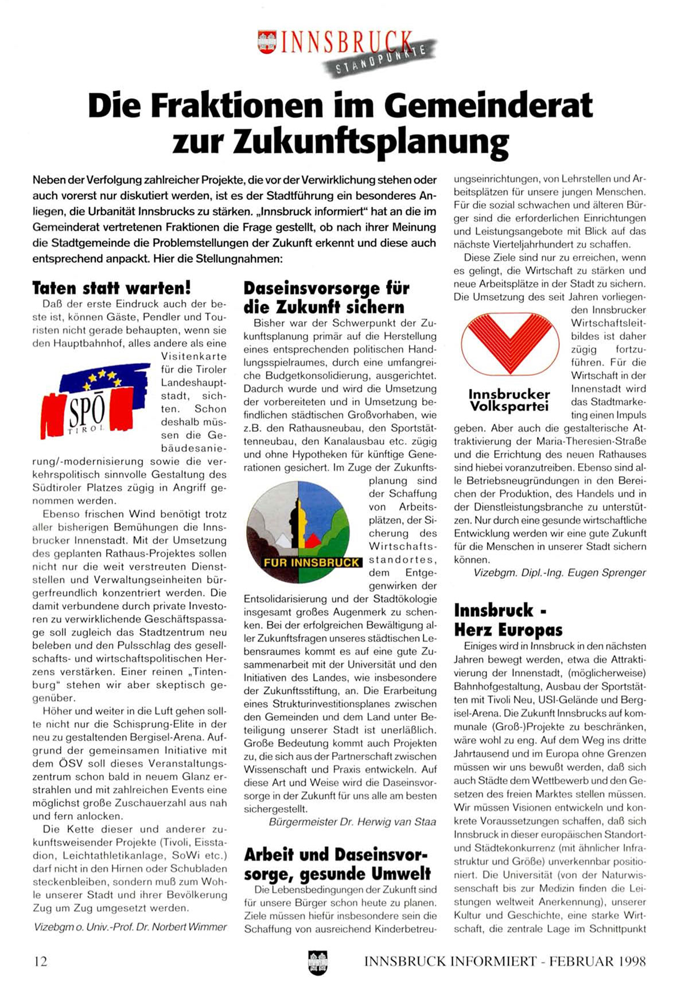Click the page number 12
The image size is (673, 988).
pyautogui.click(x=40, y=961)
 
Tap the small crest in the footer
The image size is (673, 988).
pyautogui.click(x=317, y=962)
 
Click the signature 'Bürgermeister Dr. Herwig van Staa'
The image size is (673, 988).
pyautogui.click(x=352, y=822)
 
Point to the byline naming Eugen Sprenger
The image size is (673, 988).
pyautogui.click(x=559, y=572)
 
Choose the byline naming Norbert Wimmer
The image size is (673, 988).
pyautogui.click(x=130, y=927)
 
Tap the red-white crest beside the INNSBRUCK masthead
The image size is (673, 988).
pyautogui.click(x=268, y=43)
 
